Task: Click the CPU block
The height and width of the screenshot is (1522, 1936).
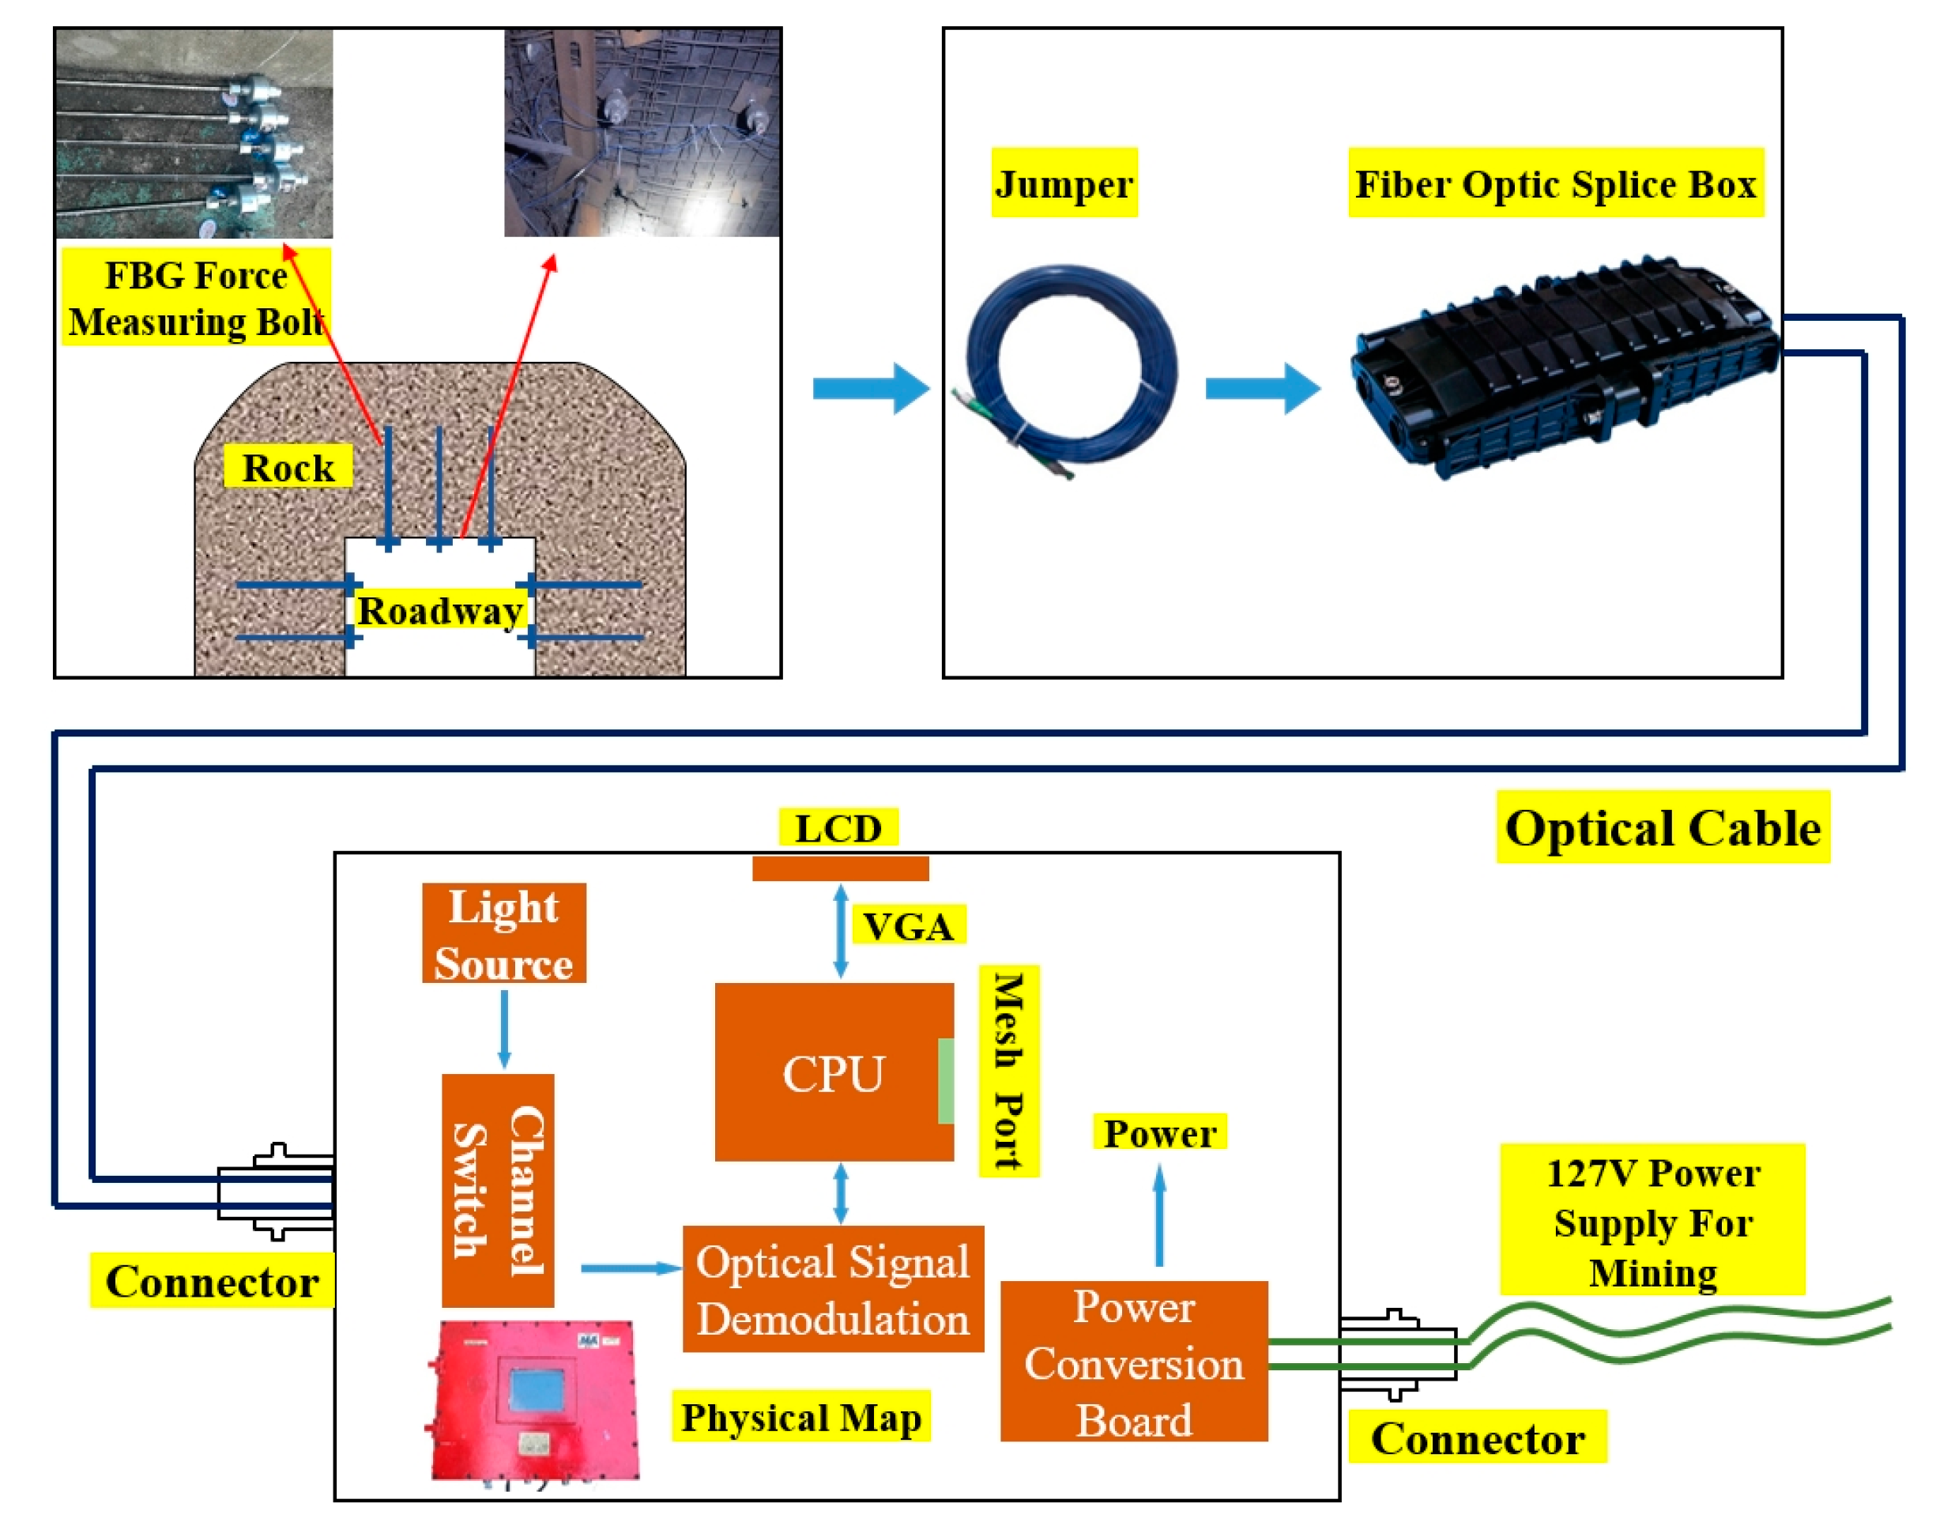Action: [832, 1072]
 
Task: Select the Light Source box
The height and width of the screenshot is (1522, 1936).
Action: [503, 933]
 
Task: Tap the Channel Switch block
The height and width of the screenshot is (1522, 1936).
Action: [498, 1191]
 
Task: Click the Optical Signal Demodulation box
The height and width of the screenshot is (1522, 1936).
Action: [832, 1289]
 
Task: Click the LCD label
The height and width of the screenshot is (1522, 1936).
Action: [838, 828]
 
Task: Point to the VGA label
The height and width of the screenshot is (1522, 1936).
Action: [908, 926]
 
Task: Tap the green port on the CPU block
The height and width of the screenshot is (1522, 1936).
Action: [945, 1080]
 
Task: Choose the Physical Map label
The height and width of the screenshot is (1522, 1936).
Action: [800, 1416]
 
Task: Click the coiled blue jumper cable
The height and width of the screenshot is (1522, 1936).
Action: [1070, 366]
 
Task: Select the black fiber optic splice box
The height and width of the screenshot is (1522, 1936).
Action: [1564, 370]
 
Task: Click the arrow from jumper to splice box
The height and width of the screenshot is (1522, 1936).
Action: [1260, 389]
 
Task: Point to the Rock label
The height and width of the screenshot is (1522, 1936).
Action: [287, 467]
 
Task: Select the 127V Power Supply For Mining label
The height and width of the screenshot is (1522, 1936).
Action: [1652, 1221]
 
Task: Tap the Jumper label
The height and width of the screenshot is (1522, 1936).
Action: [1064, 183]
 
